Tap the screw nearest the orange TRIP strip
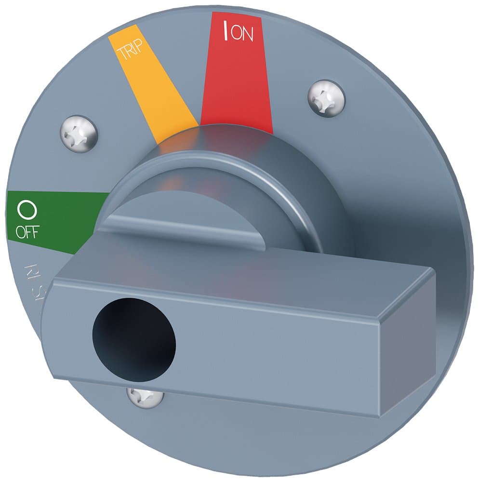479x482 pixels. (x=80, y=133)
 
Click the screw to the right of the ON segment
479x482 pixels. (x=326, y=98)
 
